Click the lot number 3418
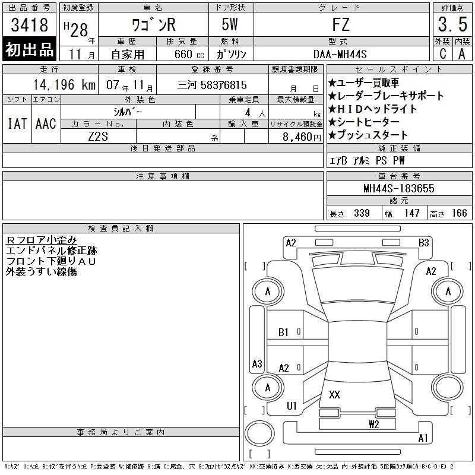(29, 24)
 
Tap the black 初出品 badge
(29, 49)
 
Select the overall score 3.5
(452, 24)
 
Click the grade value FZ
(341, 24)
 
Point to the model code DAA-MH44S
(340, 54)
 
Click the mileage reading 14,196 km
(64, 84)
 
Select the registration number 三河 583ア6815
(212, 85)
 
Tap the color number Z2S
(98, 137)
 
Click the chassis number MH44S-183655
(398, 188)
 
